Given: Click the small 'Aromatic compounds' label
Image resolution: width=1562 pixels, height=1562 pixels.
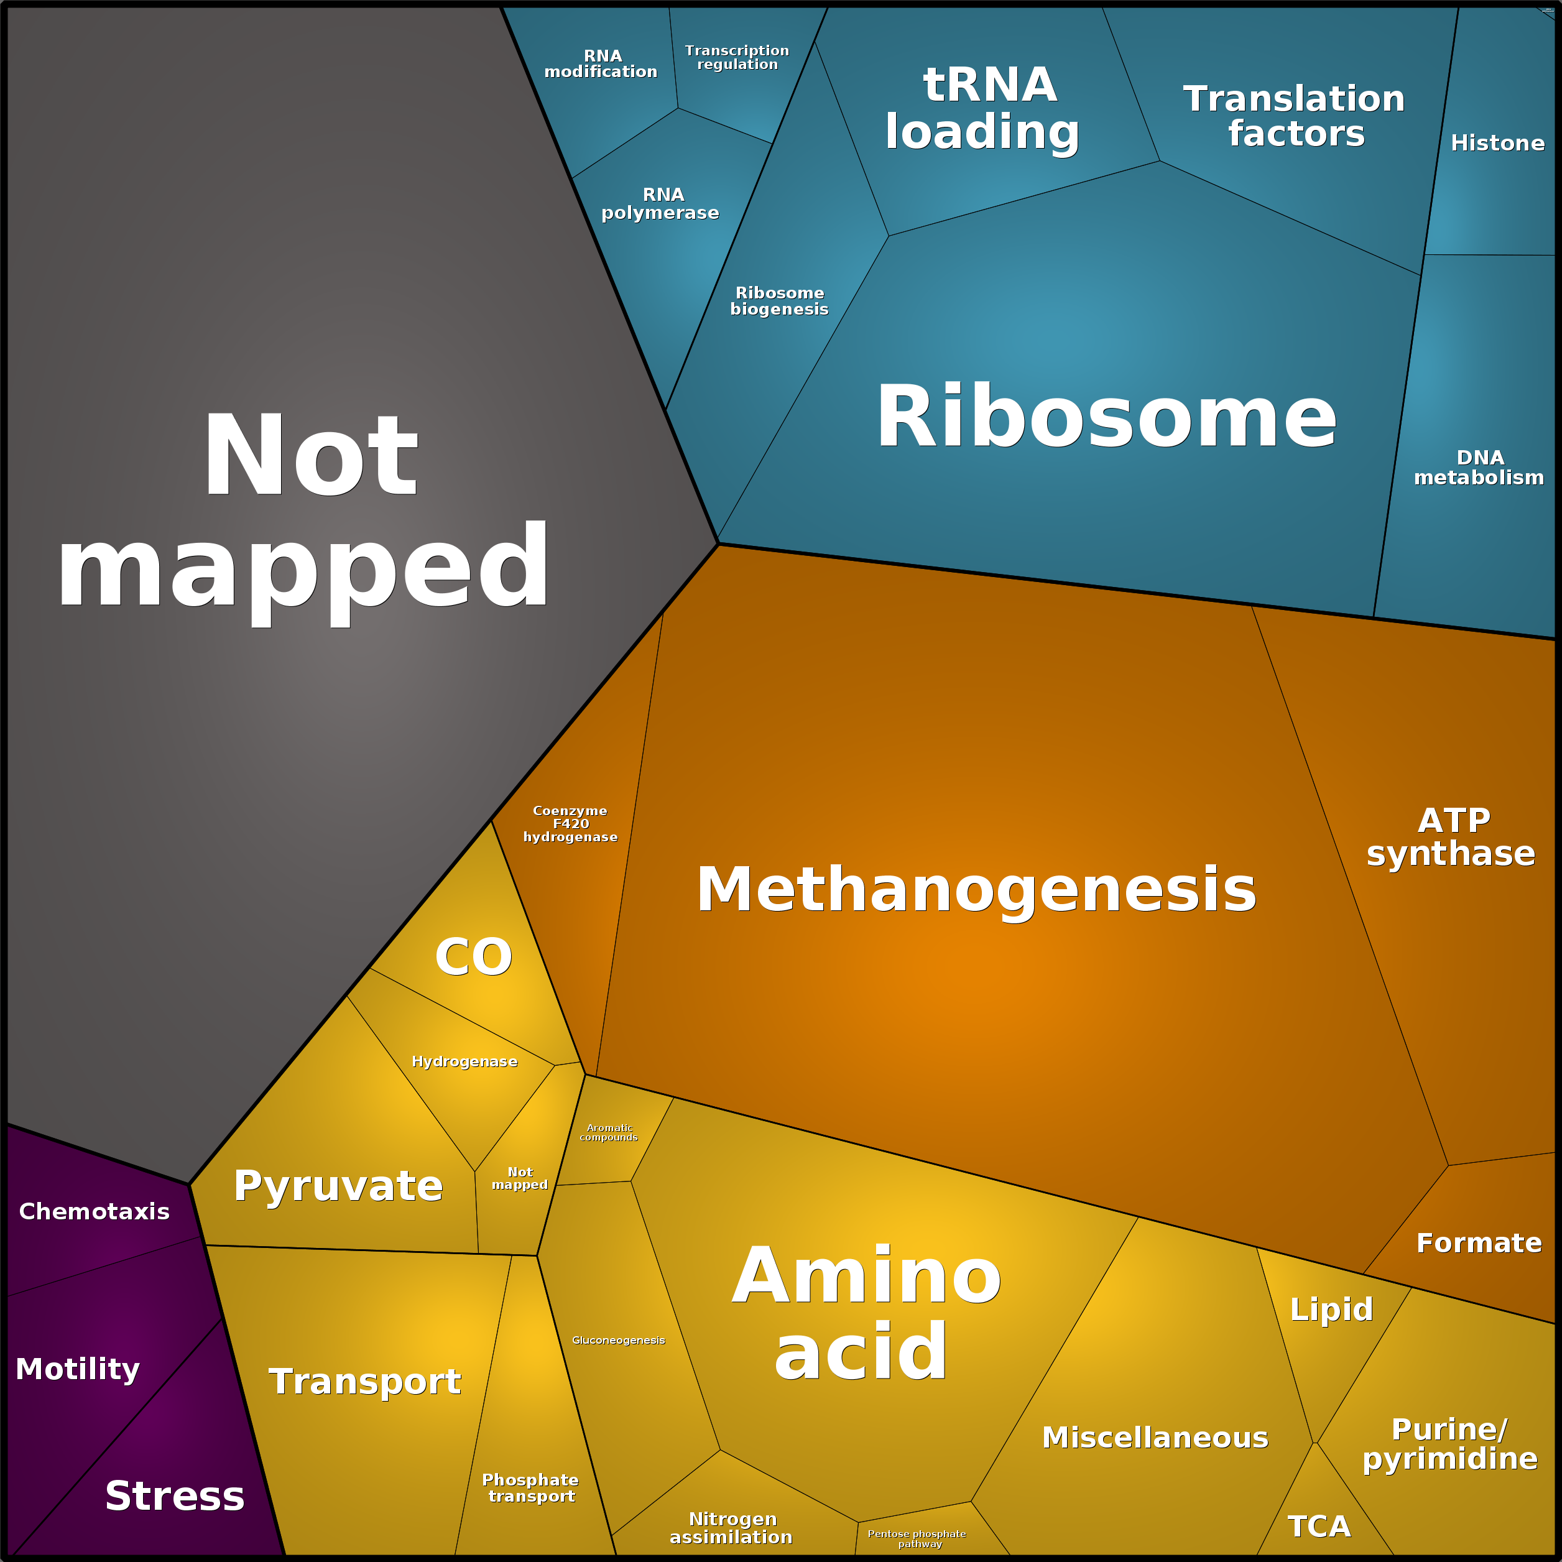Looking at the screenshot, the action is coord(609,1133).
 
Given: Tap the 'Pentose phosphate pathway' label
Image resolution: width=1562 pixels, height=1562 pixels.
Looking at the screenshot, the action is coord(917,1538).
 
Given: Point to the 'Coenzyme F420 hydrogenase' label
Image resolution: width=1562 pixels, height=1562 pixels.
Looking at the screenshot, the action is coord(570,824).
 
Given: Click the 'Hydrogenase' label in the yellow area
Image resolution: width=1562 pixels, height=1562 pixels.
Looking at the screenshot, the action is coord(465,1061).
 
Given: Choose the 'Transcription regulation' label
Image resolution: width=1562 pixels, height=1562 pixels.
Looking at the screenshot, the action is coord(737,57).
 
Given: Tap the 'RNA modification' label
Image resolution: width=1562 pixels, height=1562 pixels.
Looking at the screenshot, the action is coord(601,64).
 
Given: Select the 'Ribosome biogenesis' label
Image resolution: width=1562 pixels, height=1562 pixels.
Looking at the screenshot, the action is coord(779,301).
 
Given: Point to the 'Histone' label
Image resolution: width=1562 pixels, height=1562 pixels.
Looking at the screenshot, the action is coord(1497,143).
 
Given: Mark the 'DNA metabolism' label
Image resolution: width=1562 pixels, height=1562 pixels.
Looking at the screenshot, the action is coord(1479,468).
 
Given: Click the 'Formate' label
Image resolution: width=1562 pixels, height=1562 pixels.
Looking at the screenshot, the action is coord(1479,1242).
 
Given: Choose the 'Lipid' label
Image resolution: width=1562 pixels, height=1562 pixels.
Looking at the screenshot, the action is coord(1331,1310).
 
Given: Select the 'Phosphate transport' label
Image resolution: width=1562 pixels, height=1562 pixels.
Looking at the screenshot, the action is coord(530,1487).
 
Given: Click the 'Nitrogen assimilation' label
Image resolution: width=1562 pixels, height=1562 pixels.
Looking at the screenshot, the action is coord(731,1528).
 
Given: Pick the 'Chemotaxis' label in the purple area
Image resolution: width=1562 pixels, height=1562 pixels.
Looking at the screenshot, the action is coord(95,1211).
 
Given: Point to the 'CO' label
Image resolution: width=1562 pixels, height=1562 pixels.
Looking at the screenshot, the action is coord(474,956).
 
